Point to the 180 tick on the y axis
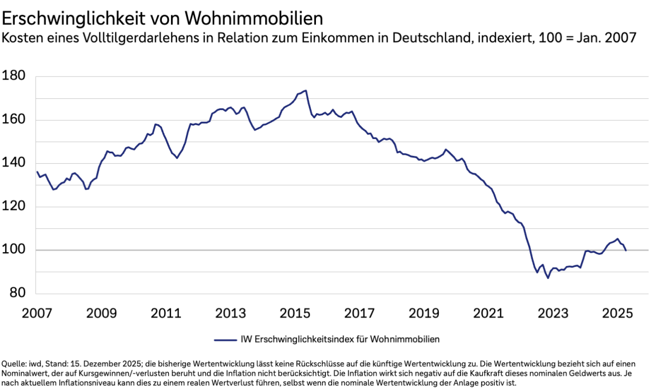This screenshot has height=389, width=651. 14,76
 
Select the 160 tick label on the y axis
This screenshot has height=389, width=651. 14,120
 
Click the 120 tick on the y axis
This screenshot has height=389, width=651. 14,207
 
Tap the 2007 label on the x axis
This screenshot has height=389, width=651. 37,313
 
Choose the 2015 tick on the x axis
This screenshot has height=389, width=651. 295,313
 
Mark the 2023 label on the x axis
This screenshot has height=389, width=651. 552,313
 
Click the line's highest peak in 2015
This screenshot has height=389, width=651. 306,90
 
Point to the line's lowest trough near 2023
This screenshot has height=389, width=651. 548,278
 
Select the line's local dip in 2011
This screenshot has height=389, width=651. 177,158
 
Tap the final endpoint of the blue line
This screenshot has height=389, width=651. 626,251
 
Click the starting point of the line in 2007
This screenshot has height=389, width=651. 37,172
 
